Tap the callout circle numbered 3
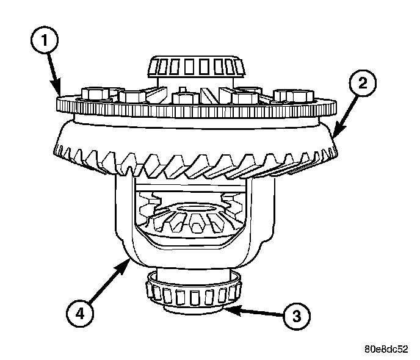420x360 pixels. click(x=295, y=316)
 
